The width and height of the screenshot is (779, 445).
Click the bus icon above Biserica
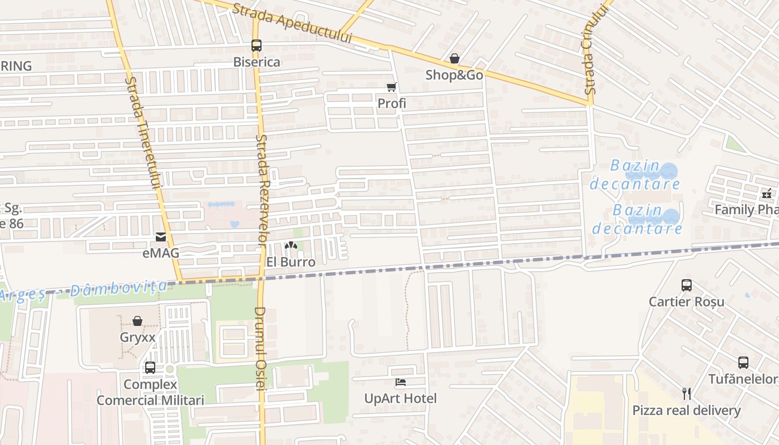coord(256,46)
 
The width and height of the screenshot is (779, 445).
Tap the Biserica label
coord(257,62)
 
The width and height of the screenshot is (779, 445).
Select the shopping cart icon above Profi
coord(392,87)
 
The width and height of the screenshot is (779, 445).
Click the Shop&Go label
coord(454,75)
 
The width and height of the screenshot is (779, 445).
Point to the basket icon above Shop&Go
coord(455,58)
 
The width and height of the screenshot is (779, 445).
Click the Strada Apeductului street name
coord(293,23)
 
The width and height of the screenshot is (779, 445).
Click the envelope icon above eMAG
coord(161,237)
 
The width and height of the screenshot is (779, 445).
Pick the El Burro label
coord(290,262)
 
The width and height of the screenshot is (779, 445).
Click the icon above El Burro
coord(291,245)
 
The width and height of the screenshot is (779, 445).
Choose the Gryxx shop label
coord(137,337)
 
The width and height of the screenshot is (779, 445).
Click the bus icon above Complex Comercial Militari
coord(150,368)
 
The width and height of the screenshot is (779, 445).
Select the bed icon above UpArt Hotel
coord(401,382)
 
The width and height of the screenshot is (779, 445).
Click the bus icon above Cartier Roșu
coord(687,285)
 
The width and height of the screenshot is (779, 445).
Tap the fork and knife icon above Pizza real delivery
coord(687,394)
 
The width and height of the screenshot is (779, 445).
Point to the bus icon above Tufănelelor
coord(743,363)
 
